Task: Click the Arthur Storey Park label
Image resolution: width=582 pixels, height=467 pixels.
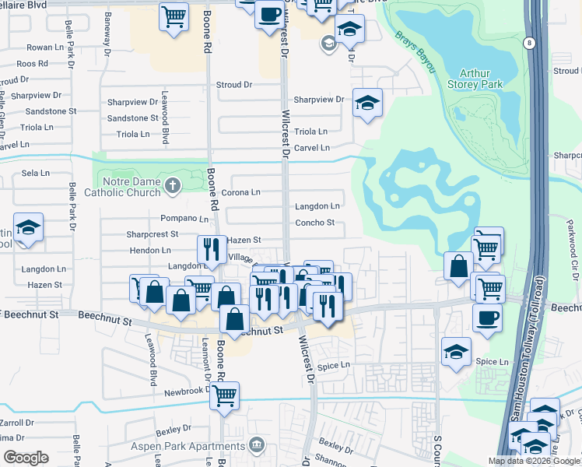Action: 481,78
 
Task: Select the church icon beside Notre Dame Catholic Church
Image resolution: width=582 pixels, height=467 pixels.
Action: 172,185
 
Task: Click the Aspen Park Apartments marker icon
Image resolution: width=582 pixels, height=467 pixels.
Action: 257,446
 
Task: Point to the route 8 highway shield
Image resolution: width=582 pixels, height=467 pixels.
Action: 529,43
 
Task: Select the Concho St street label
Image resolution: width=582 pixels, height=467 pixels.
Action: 314,223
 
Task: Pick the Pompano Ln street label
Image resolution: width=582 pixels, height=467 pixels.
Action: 184,219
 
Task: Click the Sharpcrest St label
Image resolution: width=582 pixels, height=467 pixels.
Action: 153,233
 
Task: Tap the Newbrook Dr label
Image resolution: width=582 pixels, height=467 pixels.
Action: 184,393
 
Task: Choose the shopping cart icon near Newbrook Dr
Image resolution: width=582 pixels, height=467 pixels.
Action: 225,395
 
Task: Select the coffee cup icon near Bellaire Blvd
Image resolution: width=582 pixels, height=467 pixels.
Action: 269,14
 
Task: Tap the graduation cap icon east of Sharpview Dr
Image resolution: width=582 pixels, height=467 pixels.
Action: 367,102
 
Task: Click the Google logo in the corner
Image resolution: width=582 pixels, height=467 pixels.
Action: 26,458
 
